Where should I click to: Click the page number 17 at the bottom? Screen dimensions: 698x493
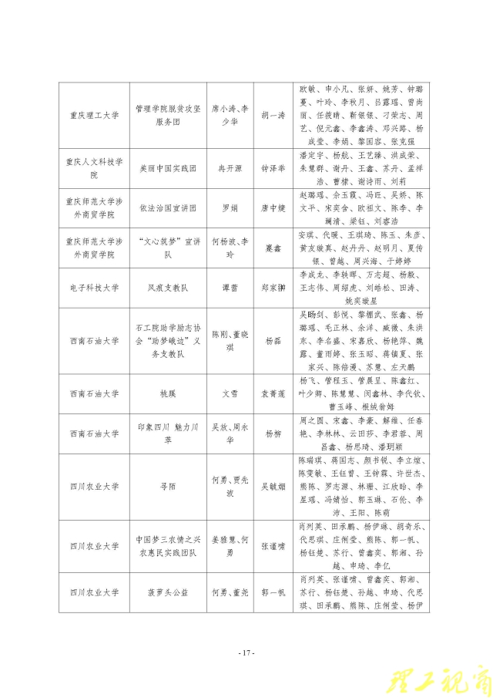pos(246,652)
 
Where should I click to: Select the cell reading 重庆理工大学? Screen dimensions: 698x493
pos(93,115)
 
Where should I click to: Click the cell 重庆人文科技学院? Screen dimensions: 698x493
pos(93,167)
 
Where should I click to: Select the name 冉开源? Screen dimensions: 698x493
pos(230,167)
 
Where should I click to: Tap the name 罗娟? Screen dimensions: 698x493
pos(230,208)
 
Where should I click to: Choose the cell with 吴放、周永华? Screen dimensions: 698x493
pos(230,433)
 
